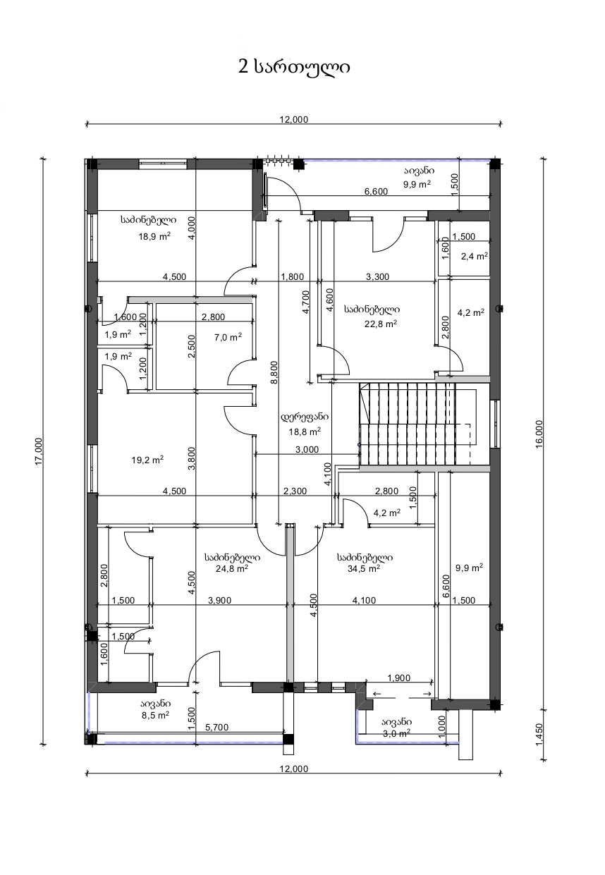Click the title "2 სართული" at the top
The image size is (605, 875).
[294, 67]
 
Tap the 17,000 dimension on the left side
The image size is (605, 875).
[39, 451]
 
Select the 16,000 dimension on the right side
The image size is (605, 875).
[539, 434]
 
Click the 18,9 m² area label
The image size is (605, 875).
[154, 236]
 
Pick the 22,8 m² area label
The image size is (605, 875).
[381, 324]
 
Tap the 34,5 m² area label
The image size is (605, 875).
[364, 568]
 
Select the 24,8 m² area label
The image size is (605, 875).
[231, 568]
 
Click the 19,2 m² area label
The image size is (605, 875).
[147, 460]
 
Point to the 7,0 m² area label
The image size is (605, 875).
[228, 337]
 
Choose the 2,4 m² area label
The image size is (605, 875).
[474, 256]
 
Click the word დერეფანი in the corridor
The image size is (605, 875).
[305, 417]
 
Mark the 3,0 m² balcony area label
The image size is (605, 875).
[396, 733]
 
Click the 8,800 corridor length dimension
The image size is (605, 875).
[274, 372]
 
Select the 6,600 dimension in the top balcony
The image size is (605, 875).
[376, 191]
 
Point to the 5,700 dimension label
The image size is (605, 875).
[216, 727]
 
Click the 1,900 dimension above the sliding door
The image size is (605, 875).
[398, 678]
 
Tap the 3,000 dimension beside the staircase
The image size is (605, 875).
[307, 450]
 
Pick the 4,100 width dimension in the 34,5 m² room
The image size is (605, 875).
[364, 601]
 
